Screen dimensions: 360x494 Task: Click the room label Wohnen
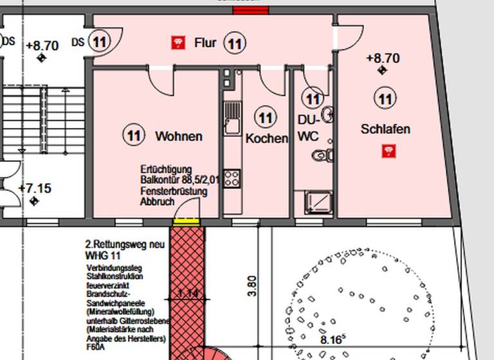(179, 136)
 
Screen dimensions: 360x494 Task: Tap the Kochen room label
(266, 138)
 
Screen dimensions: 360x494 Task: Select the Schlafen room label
(385, 129)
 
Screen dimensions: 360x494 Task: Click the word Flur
(206, 43)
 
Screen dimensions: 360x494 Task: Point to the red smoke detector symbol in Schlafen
(389, 151)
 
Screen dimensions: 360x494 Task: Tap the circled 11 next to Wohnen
(133, 136)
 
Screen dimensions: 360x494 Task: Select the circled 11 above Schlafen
(385, 98)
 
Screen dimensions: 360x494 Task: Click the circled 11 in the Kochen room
(265, 118)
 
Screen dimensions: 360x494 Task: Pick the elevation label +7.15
(35, 188)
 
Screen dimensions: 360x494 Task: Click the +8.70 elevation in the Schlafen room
(383, 58)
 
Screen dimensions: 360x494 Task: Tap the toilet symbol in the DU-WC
(320, 155)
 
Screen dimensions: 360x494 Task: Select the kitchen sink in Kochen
(232, 120)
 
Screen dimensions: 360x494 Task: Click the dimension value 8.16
(333, 339)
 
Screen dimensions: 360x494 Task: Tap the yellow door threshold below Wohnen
(187, 222)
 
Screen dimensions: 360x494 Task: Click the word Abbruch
(157, 202)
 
